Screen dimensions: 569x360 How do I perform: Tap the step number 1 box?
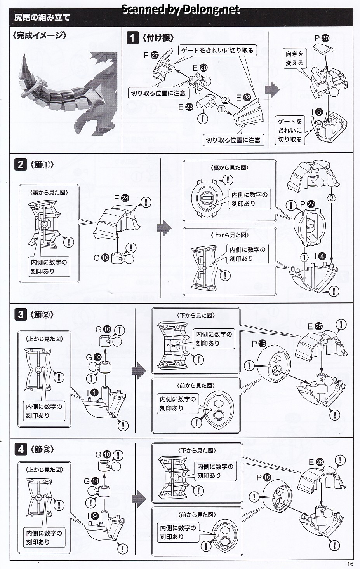click(x=133, y=38)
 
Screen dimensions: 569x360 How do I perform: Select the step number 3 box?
click(x=21, y=314)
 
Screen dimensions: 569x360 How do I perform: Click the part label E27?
click(x=151, y=56)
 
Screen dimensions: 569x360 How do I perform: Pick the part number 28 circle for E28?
click(x=247, y=98)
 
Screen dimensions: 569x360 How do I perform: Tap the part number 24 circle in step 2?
click(x=125, y=198)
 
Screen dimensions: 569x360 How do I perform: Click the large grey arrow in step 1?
click(x=272, y=90)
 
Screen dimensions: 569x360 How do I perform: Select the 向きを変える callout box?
click(x=295, y=58)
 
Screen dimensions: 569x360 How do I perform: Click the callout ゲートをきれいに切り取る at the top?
click(x=217, y=51)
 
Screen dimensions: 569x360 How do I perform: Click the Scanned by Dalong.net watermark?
click(x=181, y=9)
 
